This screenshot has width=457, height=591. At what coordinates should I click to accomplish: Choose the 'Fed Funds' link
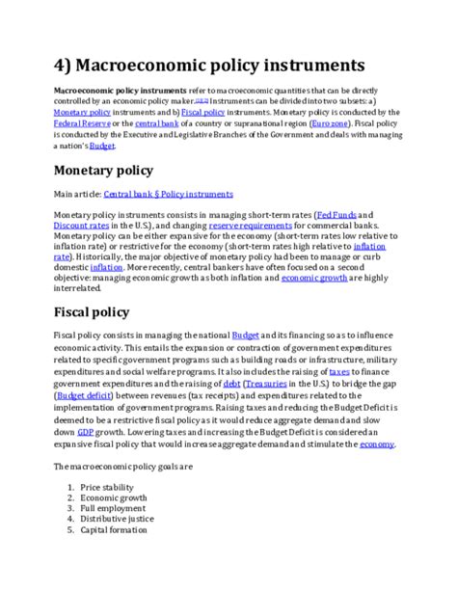pos(346,214)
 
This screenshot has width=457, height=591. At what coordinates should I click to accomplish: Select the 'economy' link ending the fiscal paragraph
pos(376,444)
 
